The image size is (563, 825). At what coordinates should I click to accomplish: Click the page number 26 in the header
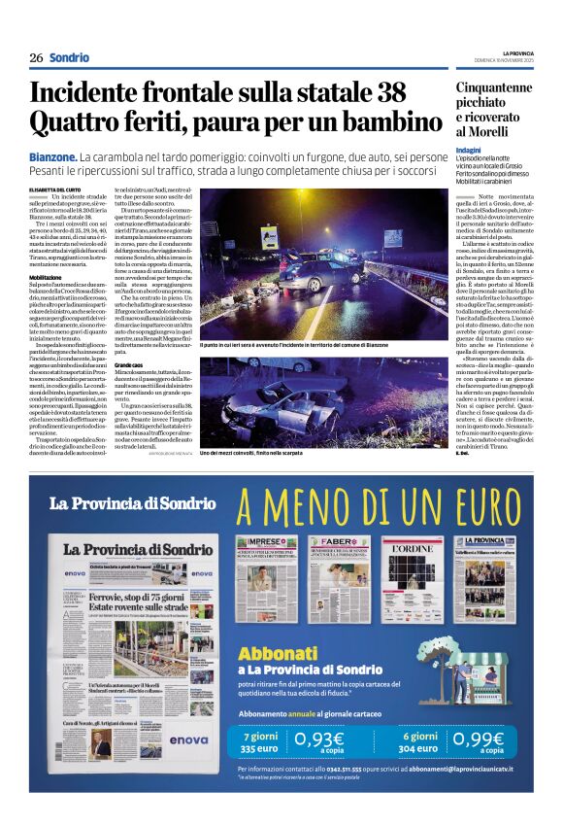click(35, 57)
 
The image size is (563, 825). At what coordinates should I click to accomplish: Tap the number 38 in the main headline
click(384, 93)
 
